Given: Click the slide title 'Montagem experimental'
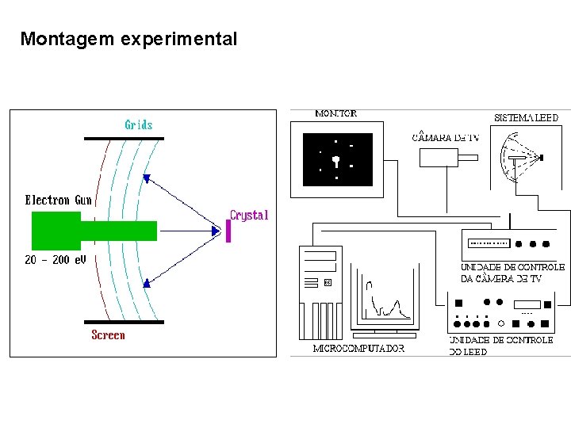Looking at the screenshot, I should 128,39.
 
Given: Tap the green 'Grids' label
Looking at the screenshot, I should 139,124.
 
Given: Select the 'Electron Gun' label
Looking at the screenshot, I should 59,201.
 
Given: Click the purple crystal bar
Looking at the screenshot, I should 228,231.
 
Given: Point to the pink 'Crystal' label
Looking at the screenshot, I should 249,215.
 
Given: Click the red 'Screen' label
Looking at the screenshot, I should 108,335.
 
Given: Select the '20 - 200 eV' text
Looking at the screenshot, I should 56,260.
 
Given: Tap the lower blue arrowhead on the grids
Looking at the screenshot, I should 148,281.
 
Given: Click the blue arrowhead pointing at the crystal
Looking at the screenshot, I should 215,231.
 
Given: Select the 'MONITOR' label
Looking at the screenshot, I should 335,113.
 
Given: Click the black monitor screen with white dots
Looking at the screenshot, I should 337,159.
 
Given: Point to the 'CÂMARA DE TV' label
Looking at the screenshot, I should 446,137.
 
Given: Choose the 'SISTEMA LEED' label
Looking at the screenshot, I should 527,117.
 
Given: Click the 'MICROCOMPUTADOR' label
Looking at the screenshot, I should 358,348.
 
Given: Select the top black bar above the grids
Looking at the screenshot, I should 125,139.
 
